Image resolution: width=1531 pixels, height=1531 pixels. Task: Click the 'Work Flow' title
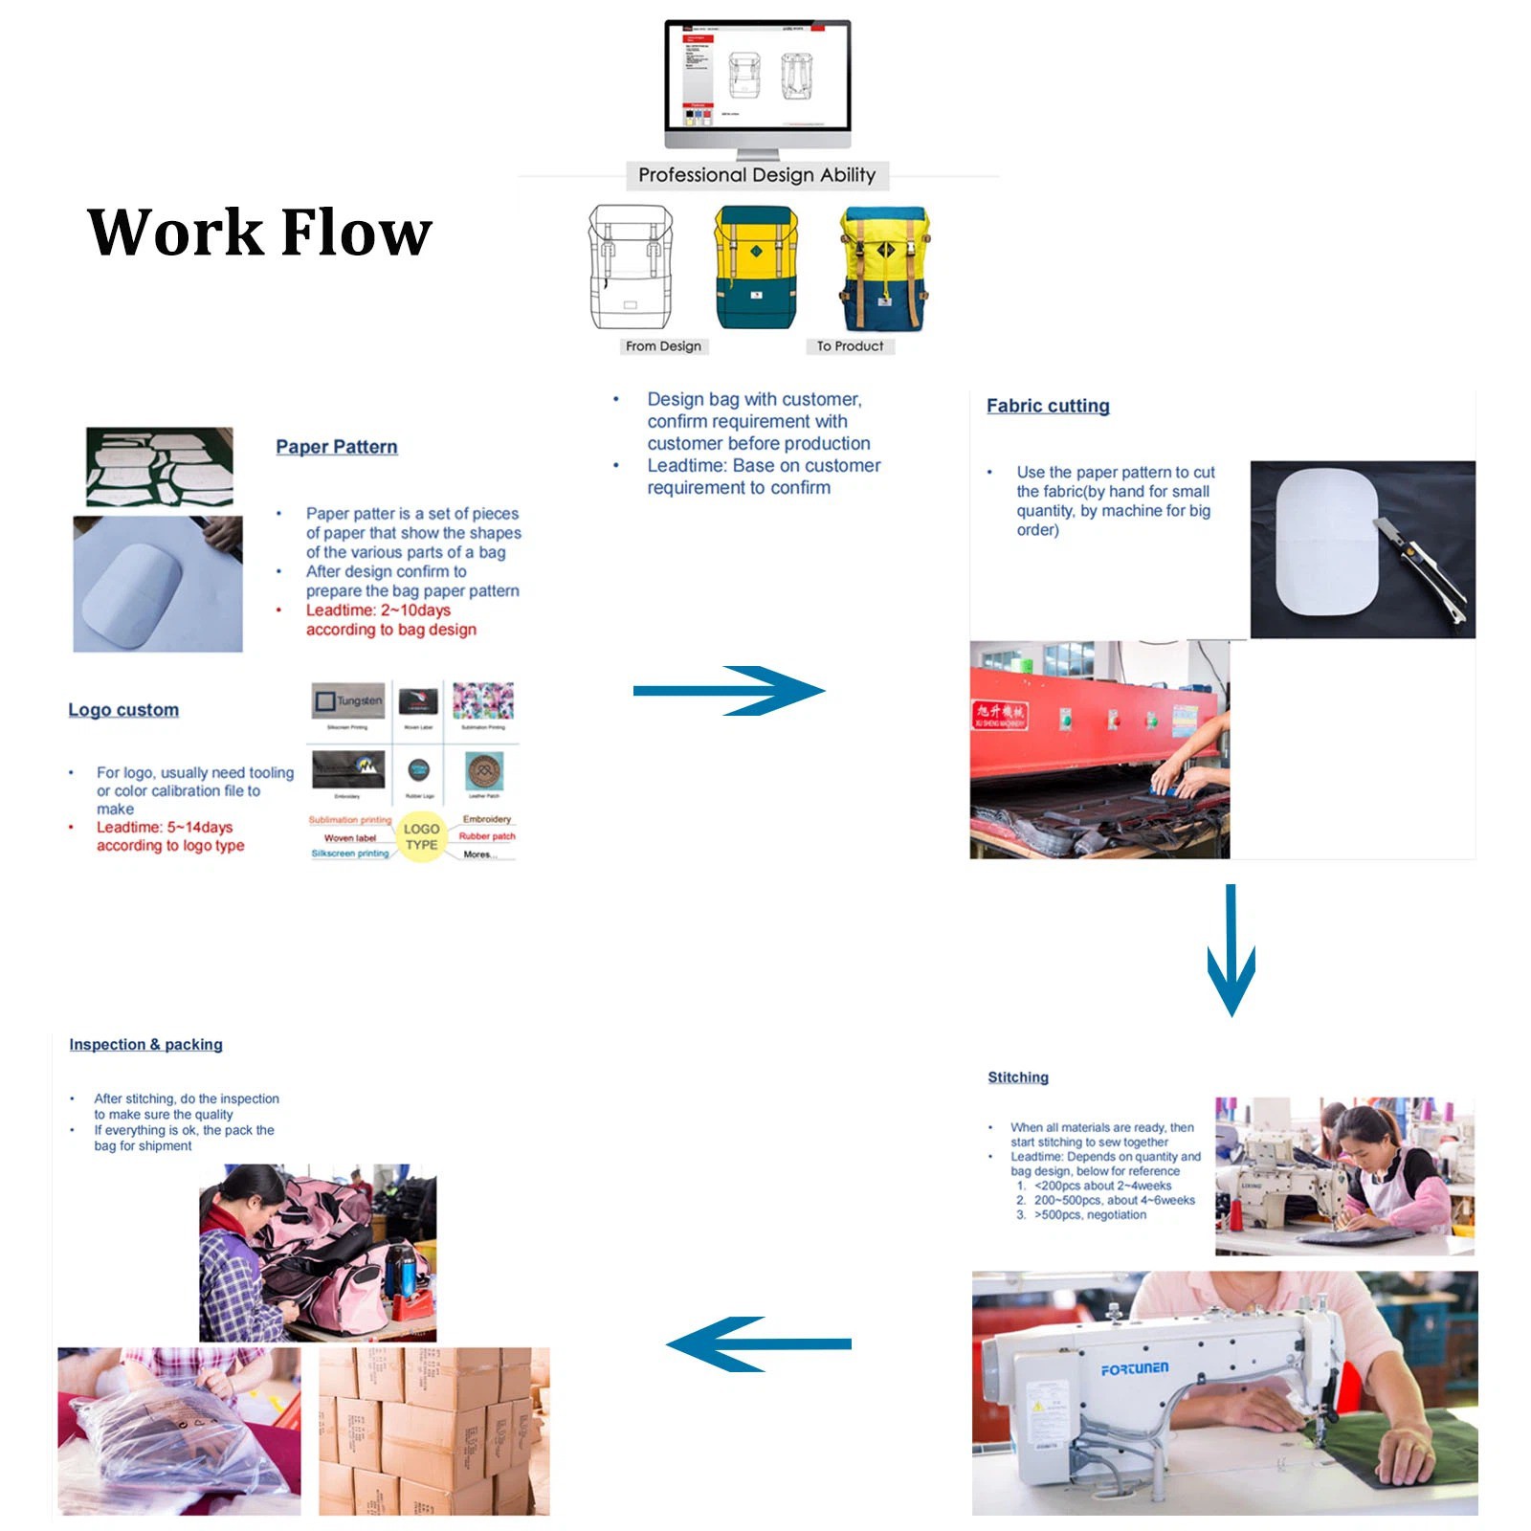point(259,233)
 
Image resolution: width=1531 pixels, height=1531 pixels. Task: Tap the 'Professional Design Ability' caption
point(756,175)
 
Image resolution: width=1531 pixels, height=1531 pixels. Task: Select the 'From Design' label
point(663,346)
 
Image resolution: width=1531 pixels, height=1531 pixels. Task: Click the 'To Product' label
point(850,346)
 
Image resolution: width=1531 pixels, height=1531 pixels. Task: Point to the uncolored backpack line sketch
point(630,268)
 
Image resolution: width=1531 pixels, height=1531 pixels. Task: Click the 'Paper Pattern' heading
point(337,447)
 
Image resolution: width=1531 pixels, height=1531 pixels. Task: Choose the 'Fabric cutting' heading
point(1048,406)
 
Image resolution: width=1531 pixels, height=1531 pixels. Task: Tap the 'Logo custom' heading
point(123,710)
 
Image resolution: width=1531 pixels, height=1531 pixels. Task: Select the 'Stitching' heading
point(1018,1077)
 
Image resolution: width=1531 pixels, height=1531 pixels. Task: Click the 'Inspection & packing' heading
point(145,1045)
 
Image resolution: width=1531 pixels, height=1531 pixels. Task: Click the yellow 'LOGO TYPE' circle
point(421,837)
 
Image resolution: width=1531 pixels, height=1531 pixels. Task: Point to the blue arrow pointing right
point(728,691)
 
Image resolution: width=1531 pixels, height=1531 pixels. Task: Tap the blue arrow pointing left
point(759,1344)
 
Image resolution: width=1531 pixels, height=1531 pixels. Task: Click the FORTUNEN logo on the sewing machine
point(1135,1369)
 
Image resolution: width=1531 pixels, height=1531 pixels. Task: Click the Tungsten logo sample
point(348,701)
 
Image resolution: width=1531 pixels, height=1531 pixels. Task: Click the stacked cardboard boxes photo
point(434,1431)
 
